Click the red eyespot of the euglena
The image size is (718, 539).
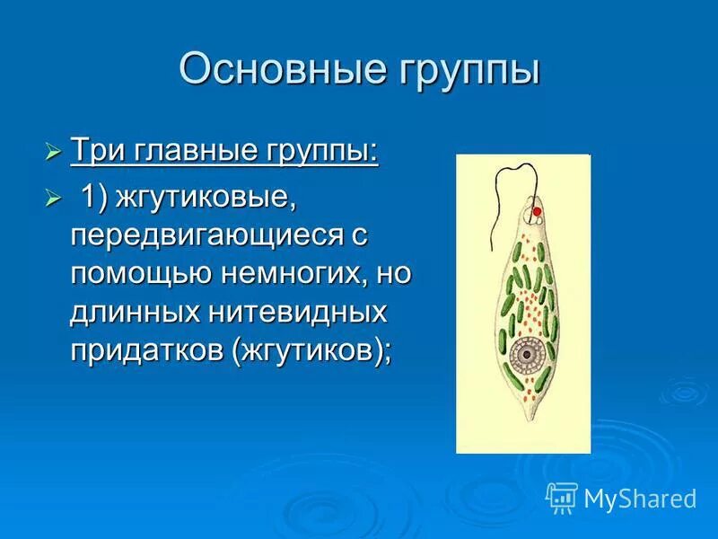pyautogui.click(x=537, y=212)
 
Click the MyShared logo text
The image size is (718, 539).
pyautogui.click(x=640, y=498)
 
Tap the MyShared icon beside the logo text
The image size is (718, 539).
pyautogui.click(x=562, y=497)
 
